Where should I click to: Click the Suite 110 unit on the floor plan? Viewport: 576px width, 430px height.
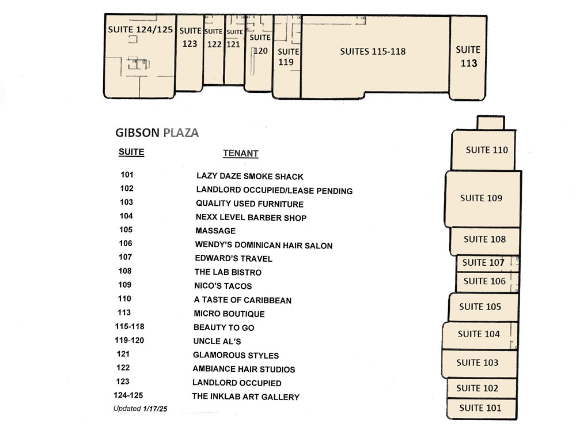483,150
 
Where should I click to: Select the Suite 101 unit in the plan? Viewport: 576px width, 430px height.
482,408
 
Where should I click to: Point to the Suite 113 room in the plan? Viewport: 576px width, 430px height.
468,57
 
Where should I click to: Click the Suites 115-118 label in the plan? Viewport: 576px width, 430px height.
373,51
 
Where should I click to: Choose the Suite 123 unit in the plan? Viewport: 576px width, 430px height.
190,52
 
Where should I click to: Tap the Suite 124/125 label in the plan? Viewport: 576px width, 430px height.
141,29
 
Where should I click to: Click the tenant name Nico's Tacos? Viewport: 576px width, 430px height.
223,286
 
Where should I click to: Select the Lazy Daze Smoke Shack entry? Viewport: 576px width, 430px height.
250,176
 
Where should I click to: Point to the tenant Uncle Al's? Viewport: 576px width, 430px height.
217,341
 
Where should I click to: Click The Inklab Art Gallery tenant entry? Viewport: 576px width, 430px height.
246,397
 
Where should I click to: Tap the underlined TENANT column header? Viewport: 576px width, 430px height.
241,154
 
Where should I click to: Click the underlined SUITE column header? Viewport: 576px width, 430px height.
131,152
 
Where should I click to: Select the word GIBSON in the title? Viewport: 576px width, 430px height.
138,133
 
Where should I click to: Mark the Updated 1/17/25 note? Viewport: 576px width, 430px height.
140,409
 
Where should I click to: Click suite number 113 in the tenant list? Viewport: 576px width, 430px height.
124,312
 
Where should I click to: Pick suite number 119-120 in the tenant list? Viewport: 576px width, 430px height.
129,340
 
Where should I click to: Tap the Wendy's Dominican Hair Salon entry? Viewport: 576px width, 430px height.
264,245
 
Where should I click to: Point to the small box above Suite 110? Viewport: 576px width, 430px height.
491,123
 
